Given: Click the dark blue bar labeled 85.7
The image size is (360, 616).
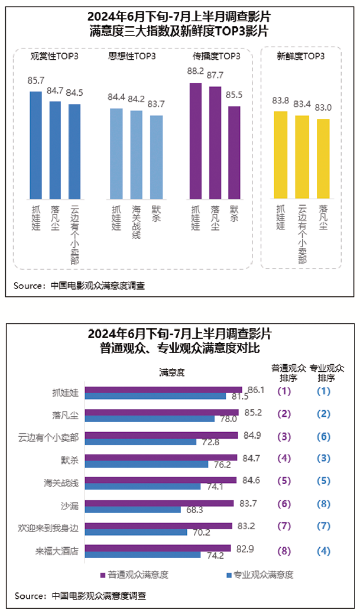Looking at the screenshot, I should (35, 145).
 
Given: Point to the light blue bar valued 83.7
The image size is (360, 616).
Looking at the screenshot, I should (156, 157).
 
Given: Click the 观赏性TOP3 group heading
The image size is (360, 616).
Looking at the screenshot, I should (54, 57).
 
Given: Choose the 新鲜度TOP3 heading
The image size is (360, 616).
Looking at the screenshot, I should (300, 57).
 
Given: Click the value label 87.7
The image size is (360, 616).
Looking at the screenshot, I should (215, 76).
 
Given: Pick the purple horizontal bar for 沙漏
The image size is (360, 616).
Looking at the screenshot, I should (160, 503).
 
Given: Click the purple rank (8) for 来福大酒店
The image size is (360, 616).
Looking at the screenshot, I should (284, 550).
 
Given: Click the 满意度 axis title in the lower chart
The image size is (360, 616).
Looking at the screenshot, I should (172, 372).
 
